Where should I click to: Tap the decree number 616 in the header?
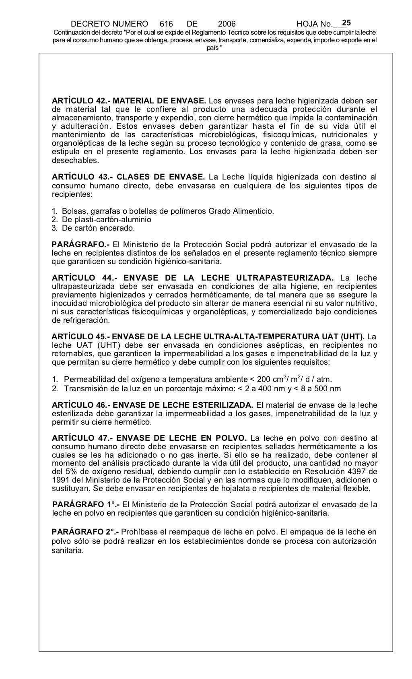click(166, 24)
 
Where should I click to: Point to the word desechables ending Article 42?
click(75, 160)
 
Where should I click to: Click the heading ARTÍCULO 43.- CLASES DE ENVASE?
click(128, 177)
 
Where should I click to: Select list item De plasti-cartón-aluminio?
click(106, 220)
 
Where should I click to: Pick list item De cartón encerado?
click(98, 228)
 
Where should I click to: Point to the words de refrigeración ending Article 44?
click(80, 320)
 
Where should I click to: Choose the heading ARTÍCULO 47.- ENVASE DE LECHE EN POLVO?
click(149, 438)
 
